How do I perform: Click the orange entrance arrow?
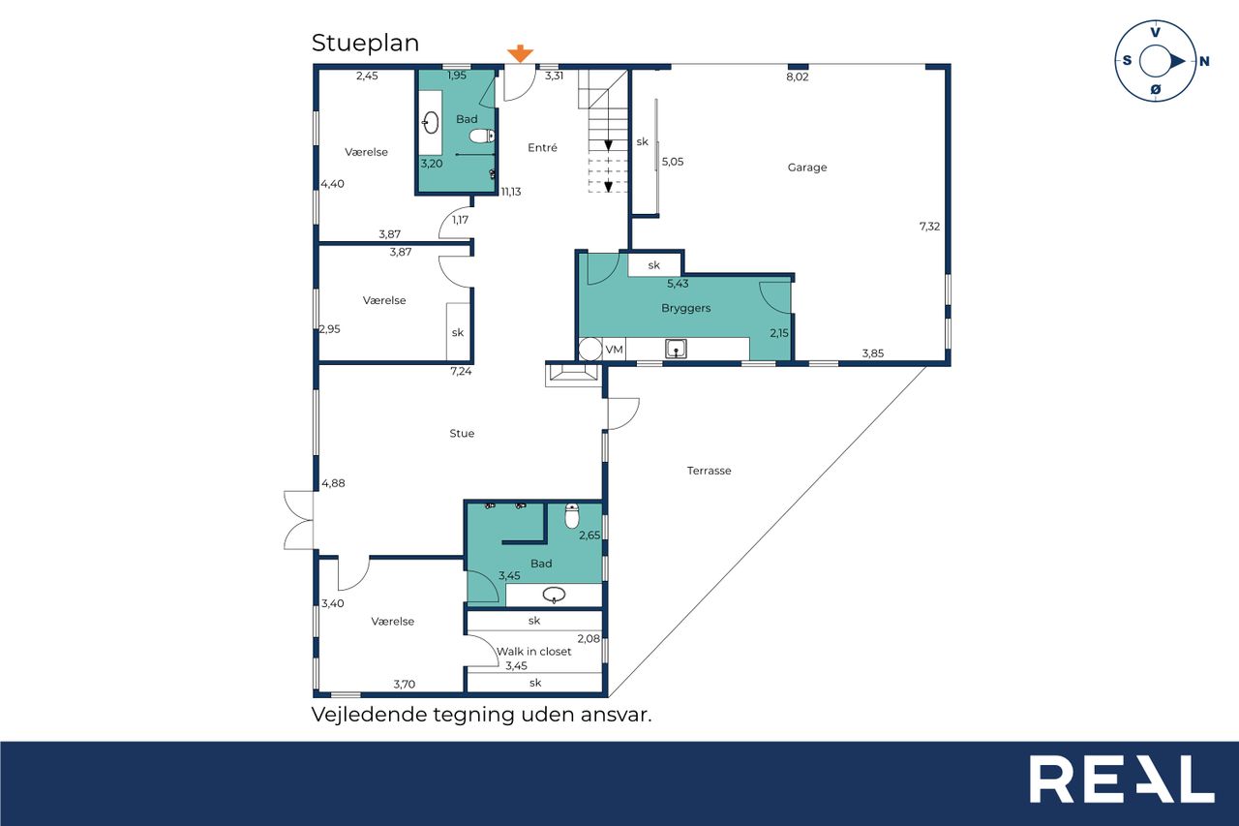521,53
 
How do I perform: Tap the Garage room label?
807,168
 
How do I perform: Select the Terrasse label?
710,471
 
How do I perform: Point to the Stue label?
462,433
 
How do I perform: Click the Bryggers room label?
686,308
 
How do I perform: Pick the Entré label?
542,147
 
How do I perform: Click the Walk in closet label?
533,651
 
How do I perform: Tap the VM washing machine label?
614,350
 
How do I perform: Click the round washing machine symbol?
590,350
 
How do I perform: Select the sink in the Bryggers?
676,350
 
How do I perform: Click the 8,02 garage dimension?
797,76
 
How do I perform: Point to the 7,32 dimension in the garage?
929,227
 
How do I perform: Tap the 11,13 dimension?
510,192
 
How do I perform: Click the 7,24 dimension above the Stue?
461,371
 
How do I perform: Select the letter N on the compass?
1203,61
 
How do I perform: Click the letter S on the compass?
1127,60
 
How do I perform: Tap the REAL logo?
1122,779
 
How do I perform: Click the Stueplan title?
365,44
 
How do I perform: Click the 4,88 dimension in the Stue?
333,483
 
